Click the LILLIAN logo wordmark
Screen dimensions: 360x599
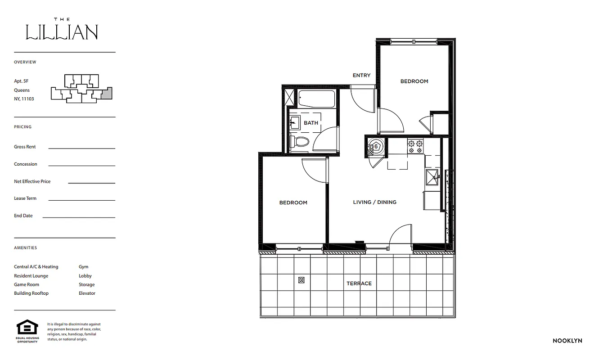tap(62, 32)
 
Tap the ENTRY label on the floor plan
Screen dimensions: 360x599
tap(361, 76)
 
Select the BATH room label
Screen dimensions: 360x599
tap(311, 123)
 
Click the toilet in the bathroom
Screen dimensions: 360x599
tap(301, 142)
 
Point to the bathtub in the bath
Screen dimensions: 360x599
tap(316, 98)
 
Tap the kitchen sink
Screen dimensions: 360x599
tap(432, 177)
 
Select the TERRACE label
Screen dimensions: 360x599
tap(359, 283)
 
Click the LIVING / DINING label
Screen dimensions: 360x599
tap(374, 202)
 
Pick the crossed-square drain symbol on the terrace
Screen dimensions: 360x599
tap(301, 280)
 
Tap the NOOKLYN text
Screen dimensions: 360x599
tap(567, 341)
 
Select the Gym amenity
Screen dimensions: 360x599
tap(83, 267)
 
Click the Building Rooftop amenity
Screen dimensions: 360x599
tap(31, 293)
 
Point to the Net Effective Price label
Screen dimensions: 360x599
tap(32, 181)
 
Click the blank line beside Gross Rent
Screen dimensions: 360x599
tap(81, 148)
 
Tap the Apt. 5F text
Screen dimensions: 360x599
tap(21, 81)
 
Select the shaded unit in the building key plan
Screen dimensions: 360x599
tap(106, 93)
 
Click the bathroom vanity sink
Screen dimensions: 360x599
tap(295, 121)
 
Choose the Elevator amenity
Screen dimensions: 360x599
tap(87, 293)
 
